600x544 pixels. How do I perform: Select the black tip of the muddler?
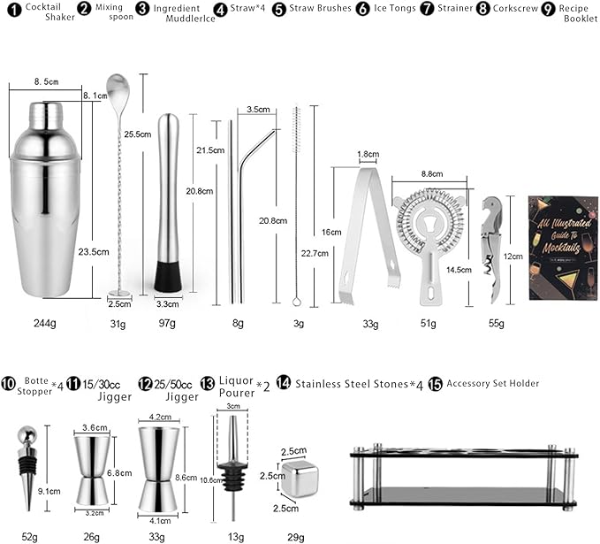coord(170,275)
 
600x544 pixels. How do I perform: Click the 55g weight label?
coord(495,325)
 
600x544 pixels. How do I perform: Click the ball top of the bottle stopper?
coord(24,434)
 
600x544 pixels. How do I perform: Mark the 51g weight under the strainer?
coord(428,325)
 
